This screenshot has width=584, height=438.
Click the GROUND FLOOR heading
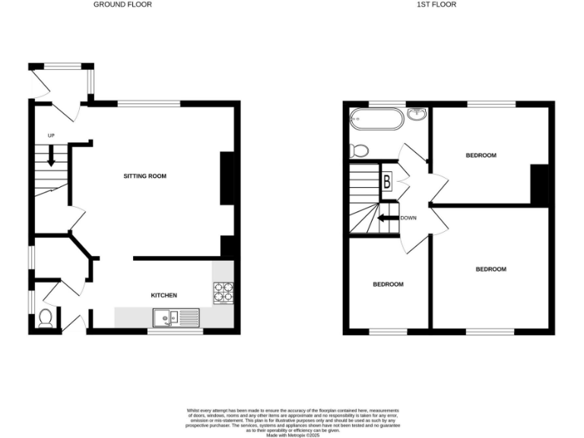[122, 5]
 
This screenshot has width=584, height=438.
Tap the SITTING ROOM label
[144, 176]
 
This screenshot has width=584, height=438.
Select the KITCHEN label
[163, 295]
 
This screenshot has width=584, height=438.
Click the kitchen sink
[175, 317]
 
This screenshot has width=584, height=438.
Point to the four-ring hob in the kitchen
[224, 293]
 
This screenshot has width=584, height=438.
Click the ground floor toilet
[44, 318]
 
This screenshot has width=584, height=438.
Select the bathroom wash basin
[416, 116]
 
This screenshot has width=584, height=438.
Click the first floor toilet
[358, 151]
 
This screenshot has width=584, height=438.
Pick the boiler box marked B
[386, 182]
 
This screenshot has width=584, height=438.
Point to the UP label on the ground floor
[52, 136]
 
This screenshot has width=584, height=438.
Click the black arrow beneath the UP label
[52, 156]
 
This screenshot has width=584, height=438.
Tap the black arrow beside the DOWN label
[389, 218]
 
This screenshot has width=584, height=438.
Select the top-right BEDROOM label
[481, 155]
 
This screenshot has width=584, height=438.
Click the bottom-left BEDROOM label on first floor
[388, 284]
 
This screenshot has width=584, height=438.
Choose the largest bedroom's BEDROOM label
[490, 269]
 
